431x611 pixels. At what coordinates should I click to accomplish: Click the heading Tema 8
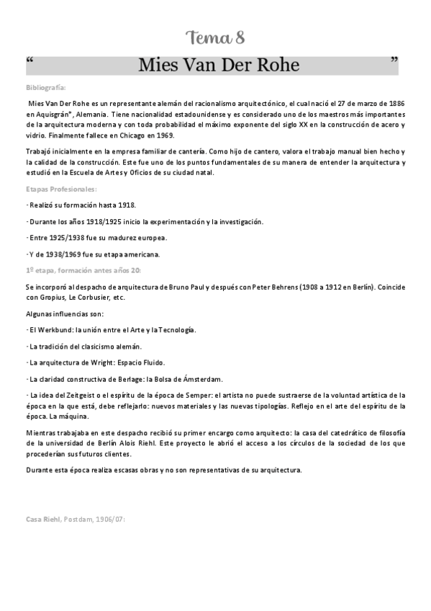point(215,37)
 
